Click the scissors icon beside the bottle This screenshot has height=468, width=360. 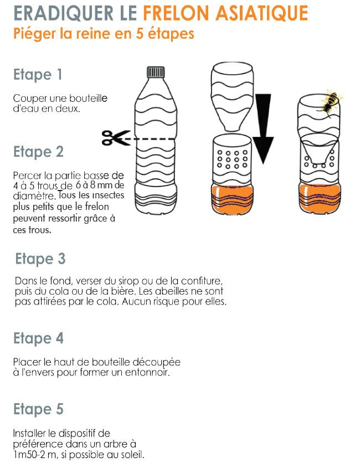[x=116, y=138]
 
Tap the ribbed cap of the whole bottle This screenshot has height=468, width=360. [x=156, y=72]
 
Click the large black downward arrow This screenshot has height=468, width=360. [x=263, y=129]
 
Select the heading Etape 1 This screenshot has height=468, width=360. [x=38, y=75]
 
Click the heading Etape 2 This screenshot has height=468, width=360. [x=39, y=152]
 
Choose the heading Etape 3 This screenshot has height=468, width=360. [x=40, y=259]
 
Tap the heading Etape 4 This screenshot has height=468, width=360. [x=39, y=338]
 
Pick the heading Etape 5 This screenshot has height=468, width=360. [x=39, y=409]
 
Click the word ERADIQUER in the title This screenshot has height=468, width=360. [x=64, y=13]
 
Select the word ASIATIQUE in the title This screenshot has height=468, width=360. [x=261, y=13]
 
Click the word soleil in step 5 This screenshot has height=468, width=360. [x=132, y=455]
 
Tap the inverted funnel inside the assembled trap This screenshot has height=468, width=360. [x=319, y=149]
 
